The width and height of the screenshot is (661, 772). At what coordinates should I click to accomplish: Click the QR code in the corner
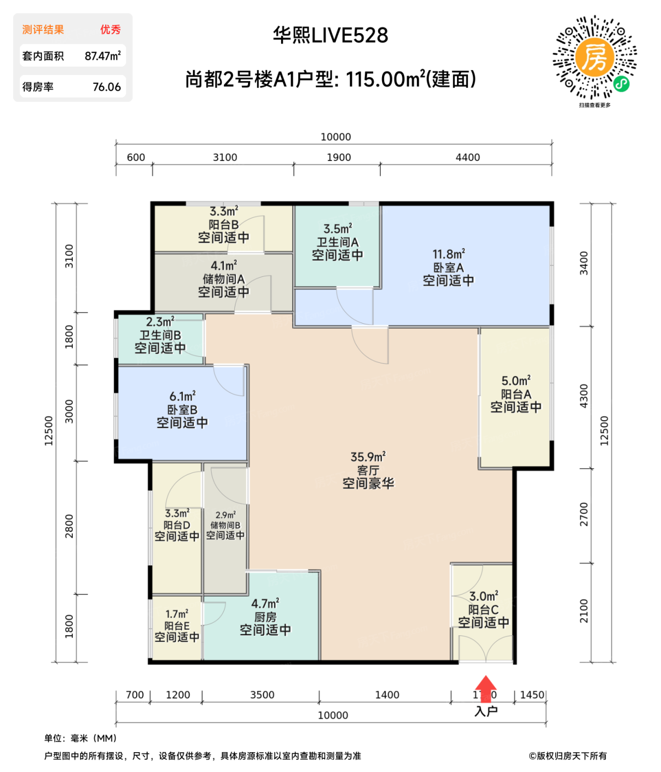594,57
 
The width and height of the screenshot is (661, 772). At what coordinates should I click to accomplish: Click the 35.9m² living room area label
368,457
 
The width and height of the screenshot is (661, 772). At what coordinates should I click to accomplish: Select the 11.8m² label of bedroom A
448,254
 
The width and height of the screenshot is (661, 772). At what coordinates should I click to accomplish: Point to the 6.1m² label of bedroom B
182,396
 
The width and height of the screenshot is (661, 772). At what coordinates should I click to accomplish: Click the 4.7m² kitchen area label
265,604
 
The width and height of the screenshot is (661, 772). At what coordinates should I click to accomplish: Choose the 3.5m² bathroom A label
337,229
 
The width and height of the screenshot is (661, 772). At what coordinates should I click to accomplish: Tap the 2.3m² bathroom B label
160,321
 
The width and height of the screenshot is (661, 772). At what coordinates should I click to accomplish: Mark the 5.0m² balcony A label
515,381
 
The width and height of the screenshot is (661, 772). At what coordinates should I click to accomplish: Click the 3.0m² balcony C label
483,597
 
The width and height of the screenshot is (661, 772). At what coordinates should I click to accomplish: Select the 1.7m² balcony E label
176,614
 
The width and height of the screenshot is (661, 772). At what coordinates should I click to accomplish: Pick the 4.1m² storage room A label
223,266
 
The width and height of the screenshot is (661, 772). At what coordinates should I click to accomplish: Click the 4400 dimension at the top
467,158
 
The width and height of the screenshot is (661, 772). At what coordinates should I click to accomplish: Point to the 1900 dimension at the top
338,158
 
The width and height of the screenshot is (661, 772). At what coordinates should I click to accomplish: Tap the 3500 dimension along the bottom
262,695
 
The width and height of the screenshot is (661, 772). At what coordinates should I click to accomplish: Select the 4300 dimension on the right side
584,396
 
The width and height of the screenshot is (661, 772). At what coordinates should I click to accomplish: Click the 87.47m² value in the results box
103,56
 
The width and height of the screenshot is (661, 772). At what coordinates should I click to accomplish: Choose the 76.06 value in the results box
106,87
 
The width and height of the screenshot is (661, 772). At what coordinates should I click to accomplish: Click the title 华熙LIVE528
330,36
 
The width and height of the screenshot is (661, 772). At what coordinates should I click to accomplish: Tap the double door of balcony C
485,648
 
